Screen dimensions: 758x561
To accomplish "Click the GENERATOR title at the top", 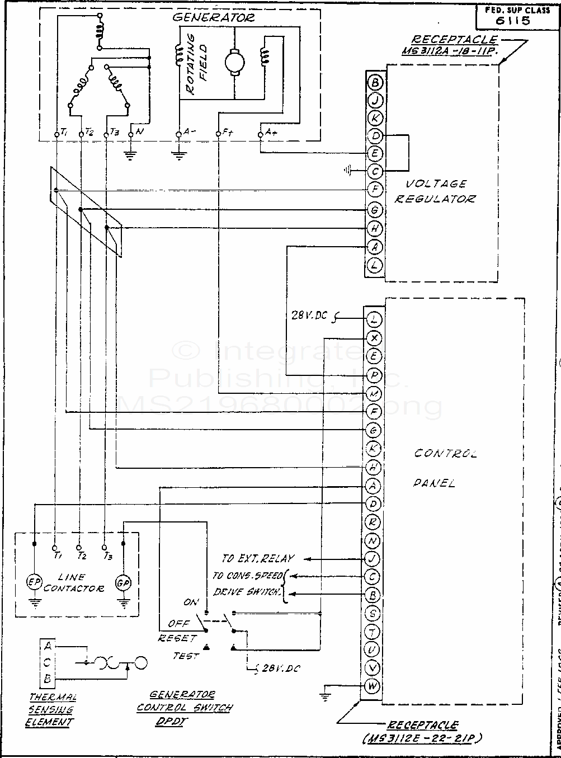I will click(x=213, y=17).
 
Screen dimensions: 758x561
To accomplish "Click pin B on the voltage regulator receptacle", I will click(x=375, y=82).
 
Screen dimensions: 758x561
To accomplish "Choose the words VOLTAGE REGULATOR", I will click(x=435, y=191).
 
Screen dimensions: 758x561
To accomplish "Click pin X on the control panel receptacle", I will click(x=374, y=338).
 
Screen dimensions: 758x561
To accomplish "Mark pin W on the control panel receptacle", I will click(x=373, y=686).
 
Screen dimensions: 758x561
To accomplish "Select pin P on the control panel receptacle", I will click(x=374, y=375).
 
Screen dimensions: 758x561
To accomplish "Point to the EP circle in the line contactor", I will click(x=34, y=582).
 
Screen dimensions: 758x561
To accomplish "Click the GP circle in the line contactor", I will click(x=123, y=582).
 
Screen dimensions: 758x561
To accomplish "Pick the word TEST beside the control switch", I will click(x=186, y=656).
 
